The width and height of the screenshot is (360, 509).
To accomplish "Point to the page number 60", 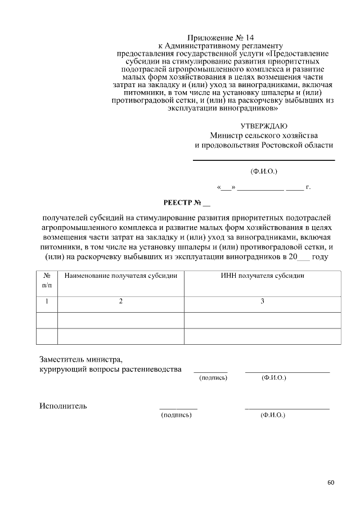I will point(330,483).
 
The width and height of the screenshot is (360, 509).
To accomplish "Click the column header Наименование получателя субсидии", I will point(121,276).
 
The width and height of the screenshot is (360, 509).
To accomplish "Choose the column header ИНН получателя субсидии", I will point(262,276).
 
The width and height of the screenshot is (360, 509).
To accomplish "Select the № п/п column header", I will point(47,281).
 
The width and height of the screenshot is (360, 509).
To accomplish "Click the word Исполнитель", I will point(63,406).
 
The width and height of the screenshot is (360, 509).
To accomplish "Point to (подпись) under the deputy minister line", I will point(213,378).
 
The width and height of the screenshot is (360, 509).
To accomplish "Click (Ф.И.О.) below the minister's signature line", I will point(264,170).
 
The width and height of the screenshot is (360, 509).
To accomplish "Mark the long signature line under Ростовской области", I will point(264,161).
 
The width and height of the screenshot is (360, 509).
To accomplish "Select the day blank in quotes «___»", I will point(227,187).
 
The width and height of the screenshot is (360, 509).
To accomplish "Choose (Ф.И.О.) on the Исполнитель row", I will point(273,415).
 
